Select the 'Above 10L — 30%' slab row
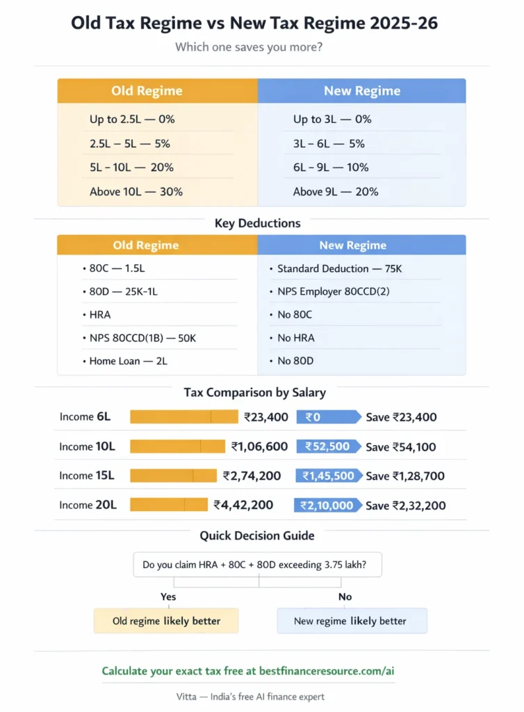point(136,191)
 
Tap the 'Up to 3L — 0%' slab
point(332,119)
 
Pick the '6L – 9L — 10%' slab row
point(331,167)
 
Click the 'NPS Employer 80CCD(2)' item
point(334,291)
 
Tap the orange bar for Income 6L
point(183,417)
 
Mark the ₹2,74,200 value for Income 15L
point(252,476)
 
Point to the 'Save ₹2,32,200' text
point(406,505)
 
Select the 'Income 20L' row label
point(88,505)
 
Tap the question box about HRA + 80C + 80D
point(259,565)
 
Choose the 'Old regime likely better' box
point(166,621)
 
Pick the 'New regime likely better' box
point(352,621)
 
